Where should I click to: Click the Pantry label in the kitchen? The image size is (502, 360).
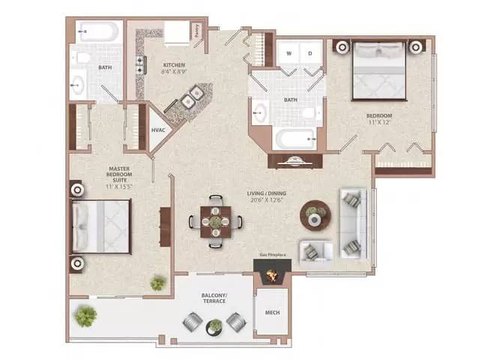tap(198, 31)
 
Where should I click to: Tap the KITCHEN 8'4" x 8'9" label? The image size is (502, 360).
tap(174, 69)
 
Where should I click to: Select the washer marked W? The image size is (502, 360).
tap(288, 53)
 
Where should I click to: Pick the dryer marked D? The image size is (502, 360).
tap(309, 53)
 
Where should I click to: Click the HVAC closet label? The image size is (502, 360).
tap(158, 130)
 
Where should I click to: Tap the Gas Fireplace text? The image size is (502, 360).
tap(274, 256)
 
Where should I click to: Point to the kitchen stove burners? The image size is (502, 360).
tap(139, 64)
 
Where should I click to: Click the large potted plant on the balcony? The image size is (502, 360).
tap(85, 315)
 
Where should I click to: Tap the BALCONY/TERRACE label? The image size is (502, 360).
tap(214, 299)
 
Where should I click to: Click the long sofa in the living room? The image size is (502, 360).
tap(351, 223)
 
